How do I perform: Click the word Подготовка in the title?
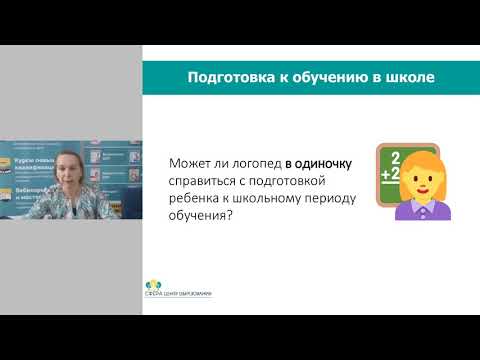coord(219,78)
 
